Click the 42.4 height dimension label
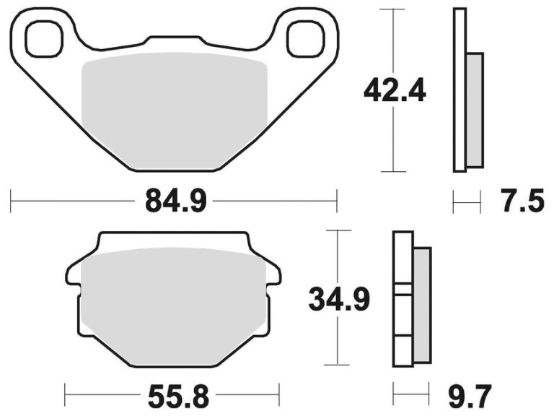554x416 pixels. tap(395, 91)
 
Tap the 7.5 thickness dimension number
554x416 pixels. tap(522, 201)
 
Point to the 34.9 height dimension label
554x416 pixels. tap(339, 298)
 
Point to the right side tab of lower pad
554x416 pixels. tap(272, 273)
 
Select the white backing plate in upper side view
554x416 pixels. tap(460, 90)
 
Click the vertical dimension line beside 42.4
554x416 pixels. tap(392, 144)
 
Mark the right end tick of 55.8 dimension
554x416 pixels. tap(278, 395)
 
